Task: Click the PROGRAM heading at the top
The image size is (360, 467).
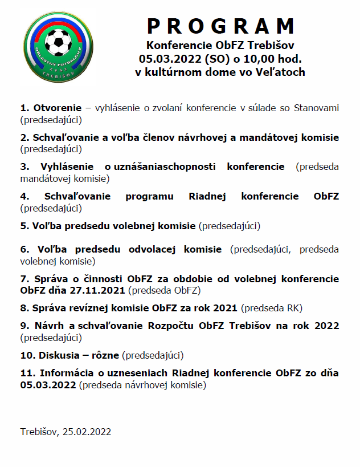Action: coord(221,26)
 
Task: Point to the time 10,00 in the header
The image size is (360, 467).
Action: coord(254,58)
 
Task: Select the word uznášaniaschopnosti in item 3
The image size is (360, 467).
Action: coord(165,167)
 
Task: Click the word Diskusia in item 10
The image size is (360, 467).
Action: coord(59,355)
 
